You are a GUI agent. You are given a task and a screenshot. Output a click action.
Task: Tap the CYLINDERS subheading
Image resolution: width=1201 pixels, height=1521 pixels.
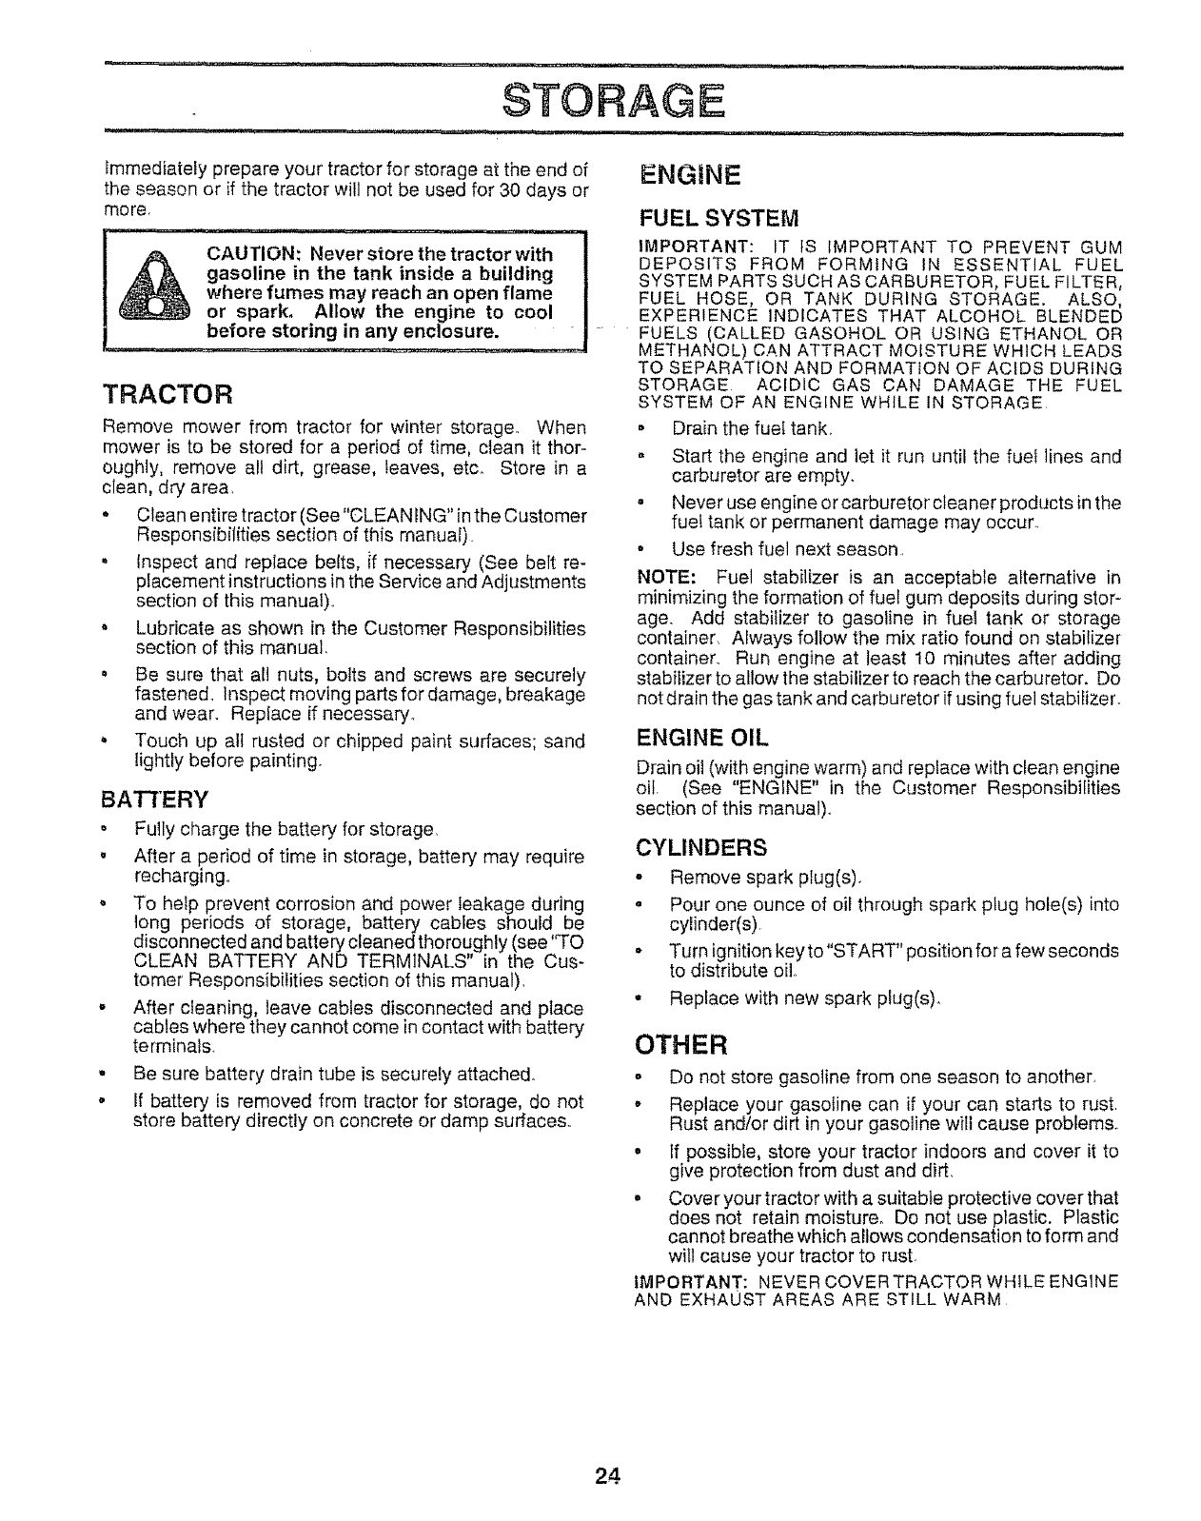[x=700, y=847]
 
